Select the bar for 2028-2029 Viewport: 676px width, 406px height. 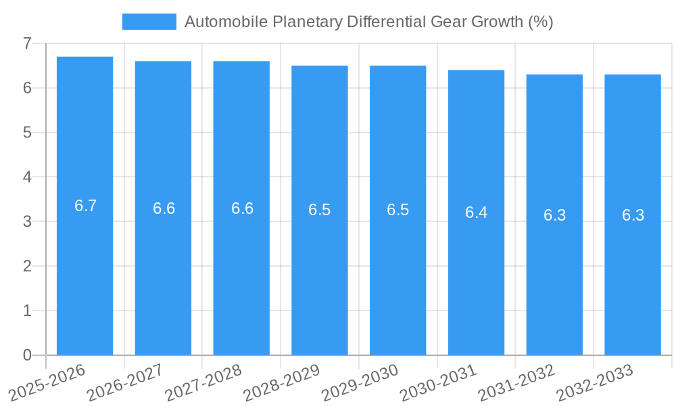pyautogui.click(x=319, y=284)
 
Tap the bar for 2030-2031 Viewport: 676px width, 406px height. pyautogui.click(x=476, y=284)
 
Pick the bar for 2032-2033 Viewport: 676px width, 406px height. pyautogui.click(x=633, y=284)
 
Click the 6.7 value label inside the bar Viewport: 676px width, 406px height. pyautogui.click(x=86, y=206)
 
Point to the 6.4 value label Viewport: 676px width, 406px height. pyautogui.click(x=476, y=212)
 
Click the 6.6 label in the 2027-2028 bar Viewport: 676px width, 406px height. pyautogui.click(x=242, y=208)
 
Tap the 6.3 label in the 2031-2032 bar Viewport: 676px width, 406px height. pyautogui.click(x=554, y=215)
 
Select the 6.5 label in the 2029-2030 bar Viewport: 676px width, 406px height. pyautogui.click(x=397, y=210)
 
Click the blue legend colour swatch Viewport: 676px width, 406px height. pyautogui.click(x=149, y=22)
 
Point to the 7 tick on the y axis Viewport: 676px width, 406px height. pyautogui.click(x=27, y=43)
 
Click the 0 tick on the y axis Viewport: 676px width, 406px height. pyautogui.click(x=27, y=355)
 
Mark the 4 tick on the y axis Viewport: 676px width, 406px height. pyautogui.click(x=27, y=177)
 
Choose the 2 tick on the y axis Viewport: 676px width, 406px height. pyautogui.click(x=27, y=266)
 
